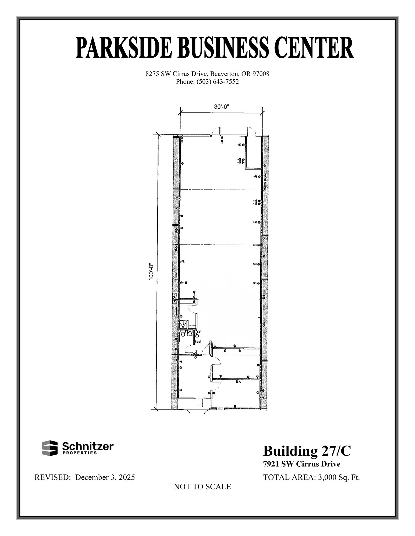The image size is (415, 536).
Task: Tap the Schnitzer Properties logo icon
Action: [50, 448]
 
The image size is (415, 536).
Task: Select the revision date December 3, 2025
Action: [105, 477]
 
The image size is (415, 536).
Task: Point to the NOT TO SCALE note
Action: [202, 487]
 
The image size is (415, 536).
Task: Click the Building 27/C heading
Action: [307, 451]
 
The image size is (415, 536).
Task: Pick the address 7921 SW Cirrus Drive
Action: [302, 464]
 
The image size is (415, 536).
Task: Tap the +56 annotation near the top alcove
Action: [239, 159]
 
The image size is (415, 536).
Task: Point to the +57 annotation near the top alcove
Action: [239, 162]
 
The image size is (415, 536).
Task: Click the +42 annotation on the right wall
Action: [255, 204]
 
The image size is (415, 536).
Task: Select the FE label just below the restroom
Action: [196, 351]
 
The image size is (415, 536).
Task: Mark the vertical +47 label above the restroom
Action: [194, 293]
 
